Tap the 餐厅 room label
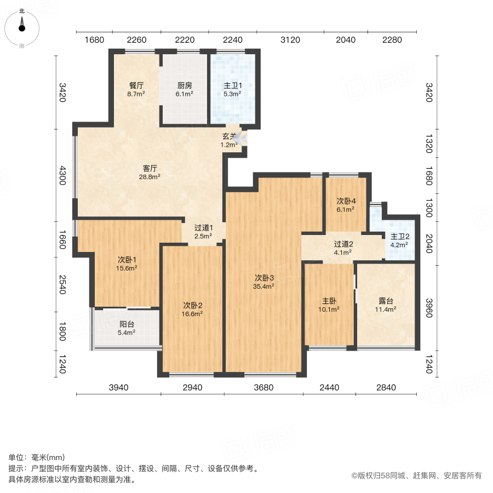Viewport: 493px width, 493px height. pos(136,86)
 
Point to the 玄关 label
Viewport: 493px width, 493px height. pos(230,136)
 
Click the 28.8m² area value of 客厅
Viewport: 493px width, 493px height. pos(151,177)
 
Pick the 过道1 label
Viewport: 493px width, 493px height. pos(203,228)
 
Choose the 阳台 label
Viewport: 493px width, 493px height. pos(127,324)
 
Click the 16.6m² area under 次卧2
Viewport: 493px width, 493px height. pos(193,314)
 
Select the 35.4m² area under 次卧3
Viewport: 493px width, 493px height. pos(264,285)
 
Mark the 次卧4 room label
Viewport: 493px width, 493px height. pos(346,200)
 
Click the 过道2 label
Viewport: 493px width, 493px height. pos(343,244)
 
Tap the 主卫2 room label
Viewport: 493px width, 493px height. pos(399,237)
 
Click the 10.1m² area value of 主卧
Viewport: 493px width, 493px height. pos(329,309)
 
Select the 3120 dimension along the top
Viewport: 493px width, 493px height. pos(290,39)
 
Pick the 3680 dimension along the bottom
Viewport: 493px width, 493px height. pos(263,387)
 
